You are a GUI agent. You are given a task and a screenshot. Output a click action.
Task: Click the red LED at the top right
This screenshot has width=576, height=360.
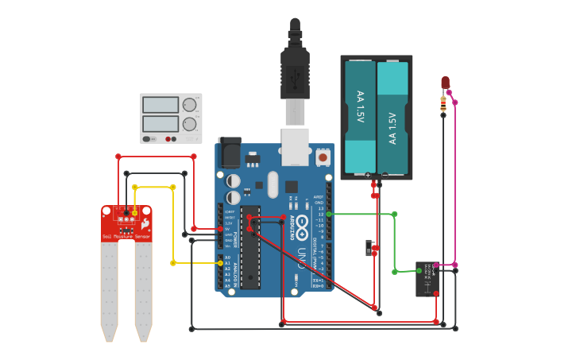point(445,83)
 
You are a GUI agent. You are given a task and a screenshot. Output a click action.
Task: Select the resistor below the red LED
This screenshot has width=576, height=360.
point(443,103)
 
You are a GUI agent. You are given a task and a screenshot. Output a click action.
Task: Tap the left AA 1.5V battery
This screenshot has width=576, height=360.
point(360,117)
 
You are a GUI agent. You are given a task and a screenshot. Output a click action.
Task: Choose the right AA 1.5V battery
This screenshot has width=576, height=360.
point(392,117)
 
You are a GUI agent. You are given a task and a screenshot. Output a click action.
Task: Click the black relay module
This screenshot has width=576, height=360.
point(427,279)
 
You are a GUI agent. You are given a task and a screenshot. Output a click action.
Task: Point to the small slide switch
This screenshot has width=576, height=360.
point(369,248)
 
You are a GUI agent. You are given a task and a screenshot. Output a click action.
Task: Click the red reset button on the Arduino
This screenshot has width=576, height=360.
point(323,157)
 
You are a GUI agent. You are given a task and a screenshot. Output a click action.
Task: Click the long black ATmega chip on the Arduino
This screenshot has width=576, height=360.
point(250,246)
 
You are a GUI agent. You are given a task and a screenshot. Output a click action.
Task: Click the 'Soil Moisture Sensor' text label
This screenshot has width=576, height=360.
point(126,237)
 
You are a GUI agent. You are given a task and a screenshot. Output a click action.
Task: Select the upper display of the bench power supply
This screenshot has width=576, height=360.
point(160,105)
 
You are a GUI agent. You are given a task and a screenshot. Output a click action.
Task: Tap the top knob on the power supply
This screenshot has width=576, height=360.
point(189,105)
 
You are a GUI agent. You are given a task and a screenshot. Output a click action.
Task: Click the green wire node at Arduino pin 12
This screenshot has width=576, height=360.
point(328,214)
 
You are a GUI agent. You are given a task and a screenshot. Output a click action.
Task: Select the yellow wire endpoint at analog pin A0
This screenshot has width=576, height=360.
point(221,262)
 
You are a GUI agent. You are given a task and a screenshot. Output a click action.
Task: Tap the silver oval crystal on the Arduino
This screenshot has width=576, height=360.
point(273,184)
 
